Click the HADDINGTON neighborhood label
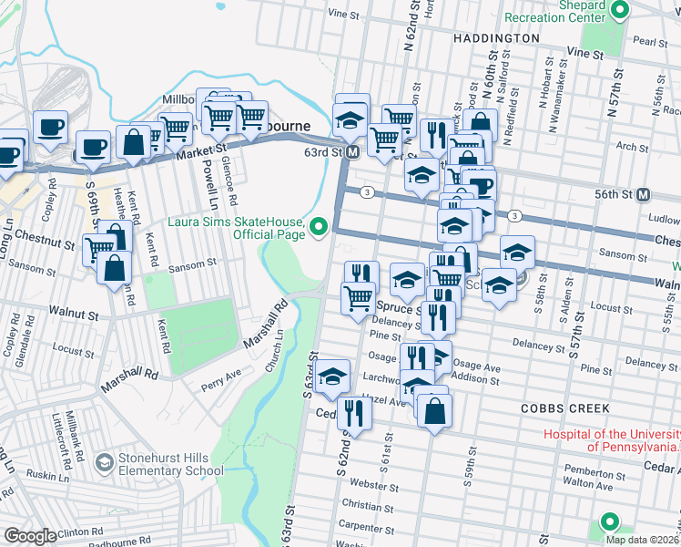click(x=495, y=38)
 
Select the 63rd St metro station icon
click(x=352, y=152)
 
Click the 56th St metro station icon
click(x=644, y=194)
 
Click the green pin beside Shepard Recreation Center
click(x=621, y=11)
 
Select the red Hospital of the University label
click(x=611, y=440)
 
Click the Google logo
click(x=30, y=535)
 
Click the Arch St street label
click(x=632, y=146)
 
